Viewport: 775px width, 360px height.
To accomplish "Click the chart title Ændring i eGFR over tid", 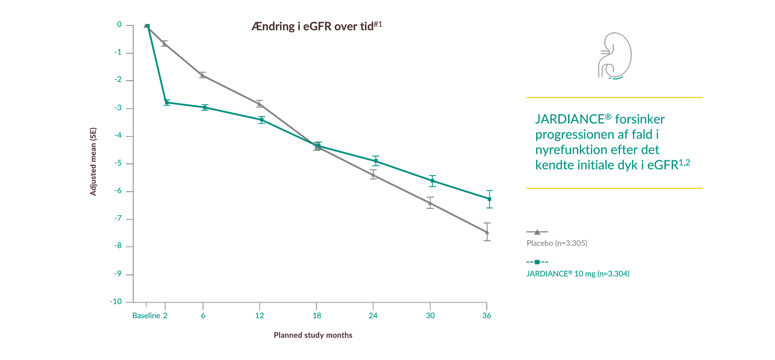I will (x=316, y=26).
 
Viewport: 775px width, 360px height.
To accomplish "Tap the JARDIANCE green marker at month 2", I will (x=167, y=103).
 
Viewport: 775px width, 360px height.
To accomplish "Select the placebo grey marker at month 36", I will (x=487, y=232).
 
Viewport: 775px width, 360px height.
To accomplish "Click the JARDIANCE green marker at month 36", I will (x=489, y=199).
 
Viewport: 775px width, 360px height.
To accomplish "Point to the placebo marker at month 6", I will (x=202, y=75).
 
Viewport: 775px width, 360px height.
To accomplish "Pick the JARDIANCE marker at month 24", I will (x=376, y=161).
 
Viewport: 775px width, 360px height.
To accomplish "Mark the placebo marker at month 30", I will (x=430, y=203).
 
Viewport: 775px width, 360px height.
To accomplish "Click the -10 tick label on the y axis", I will (x=116, y=301).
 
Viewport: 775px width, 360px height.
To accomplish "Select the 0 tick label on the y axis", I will (x=119, y=25).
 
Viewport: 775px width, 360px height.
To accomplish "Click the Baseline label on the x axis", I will (x=146, y=316).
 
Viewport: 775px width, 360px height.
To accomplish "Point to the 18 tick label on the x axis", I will (x=317, y=316).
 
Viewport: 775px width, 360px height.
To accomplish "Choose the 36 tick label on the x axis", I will (x=486, y=316).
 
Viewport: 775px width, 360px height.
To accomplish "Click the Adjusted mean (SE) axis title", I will (x=93, y=161).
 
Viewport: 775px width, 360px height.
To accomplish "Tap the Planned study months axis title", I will (x=313, y=335).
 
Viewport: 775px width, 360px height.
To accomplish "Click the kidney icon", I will (x=614, y=56).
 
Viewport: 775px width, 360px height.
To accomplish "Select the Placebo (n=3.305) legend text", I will (x=557, y=243).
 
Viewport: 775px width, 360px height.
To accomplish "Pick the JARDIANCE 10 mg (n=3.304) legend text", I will (x=578, y=274).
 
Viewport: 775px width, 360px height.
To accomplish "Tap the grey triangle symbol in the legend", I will (x=537, y=232).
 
